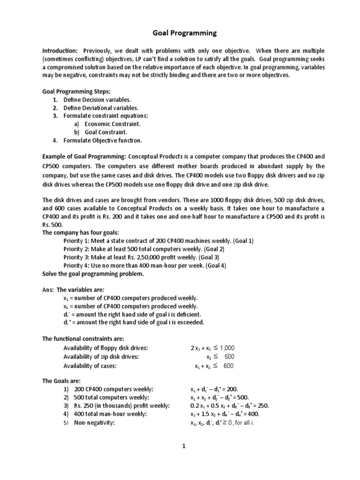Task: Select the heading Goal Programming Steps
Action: [x=76, y=91]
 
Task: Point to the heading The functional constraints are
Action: [x=83, y=338]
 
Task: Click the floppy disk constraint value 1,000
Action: [x=226, y=348]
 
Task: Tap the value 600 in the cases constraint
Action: [x=228, y=366]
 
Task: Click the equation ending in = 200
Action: [x=214, y=389]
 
